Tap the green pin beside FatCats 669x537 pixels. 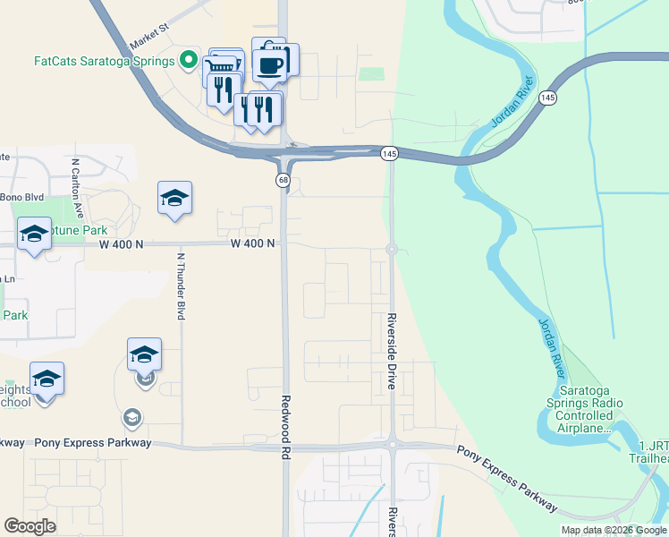[188, 61]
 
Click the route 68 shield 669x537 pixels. [283, 181]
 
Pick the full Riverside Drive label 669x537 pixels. [392, 350]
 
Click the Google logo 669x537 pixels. [30, 526]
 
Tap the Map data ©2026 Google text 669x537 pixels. [614, 530]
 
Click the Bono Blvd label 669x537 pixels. [21, 197]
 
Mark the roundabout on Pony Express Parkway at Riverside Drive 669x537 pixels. [392, 444]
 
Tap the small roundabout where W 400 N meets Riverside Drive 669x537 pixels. [391, 250]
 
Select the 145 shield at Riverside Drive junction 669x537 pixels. [388, 154]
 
